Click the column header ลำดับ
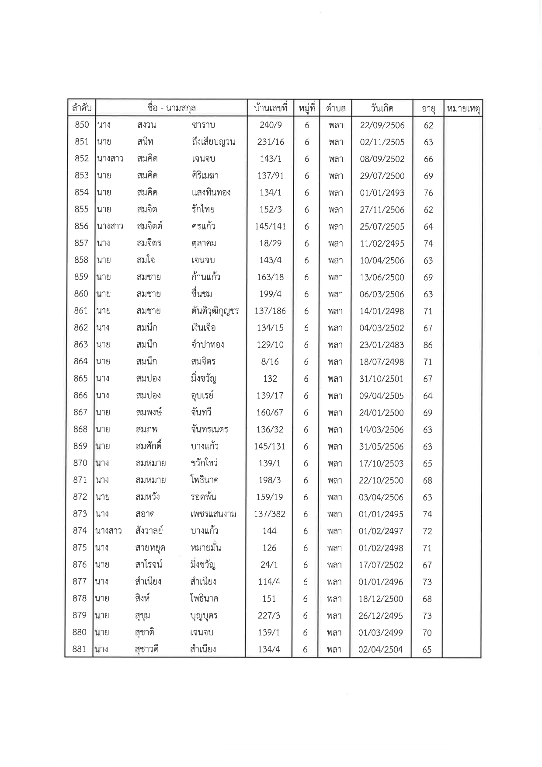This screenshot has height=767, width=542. (81, 108)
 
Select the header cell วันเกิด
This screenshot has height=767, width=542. (382, 108)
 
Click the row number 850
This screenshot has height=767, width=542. (82, 125)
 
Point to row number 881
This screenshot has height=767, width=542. (79, 649)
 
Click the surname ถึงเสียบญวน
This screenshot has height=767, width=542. (213, 142)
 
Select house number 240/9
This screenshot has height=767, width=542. (271, 125)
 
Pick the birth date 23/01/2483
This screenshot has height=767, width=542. (382, 345)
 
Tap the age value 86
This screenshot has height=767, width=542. (428, 345)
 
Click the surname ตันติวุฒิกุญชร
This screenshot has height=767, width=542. (215, 311)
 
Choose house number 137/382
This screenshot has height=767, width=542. (270, 514)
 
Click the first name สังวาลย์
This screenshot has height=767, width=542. (149, 531)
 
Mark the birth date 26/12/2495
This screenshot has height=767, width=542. (381, 616)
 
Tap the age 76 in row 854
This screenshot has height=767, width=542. (428, 193)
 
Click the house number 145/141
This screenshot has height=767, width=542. (270, 227)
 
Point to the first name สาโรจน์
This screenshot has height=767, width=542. (149, 565)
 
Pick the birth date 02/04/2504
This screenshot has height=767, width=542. (381, 649)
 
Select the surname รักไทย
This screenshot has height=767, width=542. (203, 209)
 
